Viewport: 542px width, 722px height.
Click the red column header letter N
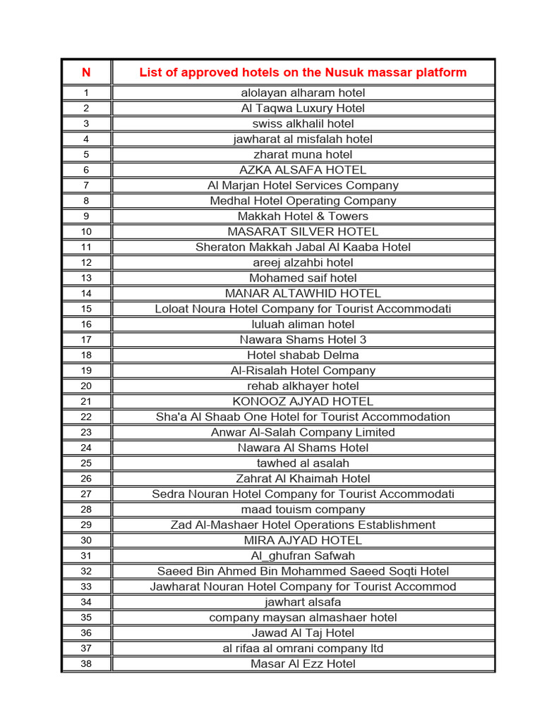86,73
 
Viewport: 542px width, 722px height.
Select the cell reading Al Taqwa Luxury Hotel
303,108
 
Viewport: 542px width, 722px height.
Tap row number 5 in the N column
86,154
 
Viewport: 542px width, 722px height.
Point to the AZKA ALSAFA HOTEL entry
303,170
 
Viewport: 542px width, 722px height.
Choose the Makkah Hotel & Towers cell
303,216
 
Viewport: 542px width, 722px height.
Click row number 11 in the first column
86,247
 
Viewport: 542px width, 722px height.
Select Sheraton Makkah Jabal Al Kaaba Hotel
303,247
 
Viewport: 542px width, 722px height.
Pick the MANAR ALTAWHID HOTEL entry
303,293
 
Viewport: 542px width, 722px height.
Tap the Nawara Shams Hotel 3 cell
303,340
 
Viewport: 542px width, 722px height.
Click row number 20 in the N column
86,386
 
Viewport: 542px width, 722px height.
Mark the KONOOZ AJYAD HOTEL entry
303,401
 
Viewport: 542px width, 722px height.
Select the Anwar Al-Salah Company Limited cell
303,432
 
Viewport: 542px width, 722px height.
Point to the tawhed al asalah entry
303,463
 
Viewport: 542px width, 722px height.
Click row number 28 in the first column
86,510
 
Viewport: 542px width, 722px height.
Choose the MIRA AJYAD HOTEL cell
303,541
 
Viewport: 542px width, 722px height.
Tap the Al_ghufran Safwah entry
303,556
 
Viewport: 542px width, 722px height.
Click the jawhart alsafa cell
303,602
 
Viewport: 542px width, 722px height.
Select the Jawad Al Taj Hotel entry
303,633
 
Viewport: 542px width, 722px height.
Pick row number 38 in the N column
86,664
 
